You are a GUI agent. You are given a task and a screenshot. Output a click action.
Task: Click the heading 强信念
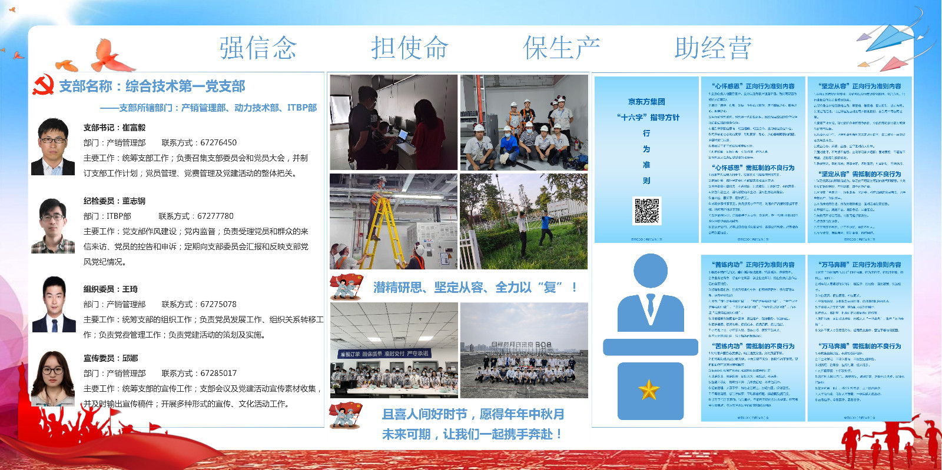click(x=258, y=48)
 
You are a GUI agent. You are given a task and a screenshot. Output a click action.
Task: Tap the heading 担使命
click(x=409, y=48)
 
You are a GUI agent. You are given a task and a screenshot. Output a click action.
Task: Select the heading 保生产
click(x=561, y=48)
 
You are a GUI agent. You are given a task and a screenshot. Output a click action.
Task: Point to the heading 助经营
click(x=712, y=48)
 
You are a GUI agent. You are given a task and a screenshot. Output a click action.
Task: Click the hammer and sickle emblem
click(x=43, y=86)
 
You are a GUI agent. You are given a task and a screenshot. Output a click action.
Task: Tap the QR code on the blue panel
click(x=646, y=211)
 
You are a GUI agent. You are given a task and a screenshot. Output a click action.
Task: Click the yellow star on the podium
click(x=649, y=389)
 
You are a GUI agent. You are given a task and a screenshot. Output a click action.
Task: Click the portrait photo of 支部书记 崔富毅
click(x=53, y=146)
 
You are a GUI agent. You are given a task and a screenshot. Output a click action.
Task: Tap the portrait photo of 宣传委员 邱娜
click(x=53, y=379)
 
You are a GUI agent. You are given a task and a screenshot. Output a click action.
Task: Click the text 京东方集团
click(x=646, y=102)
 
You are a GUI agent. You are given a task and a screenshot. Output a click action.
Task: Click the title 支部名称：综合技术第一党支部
click(x=152, y=86)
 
